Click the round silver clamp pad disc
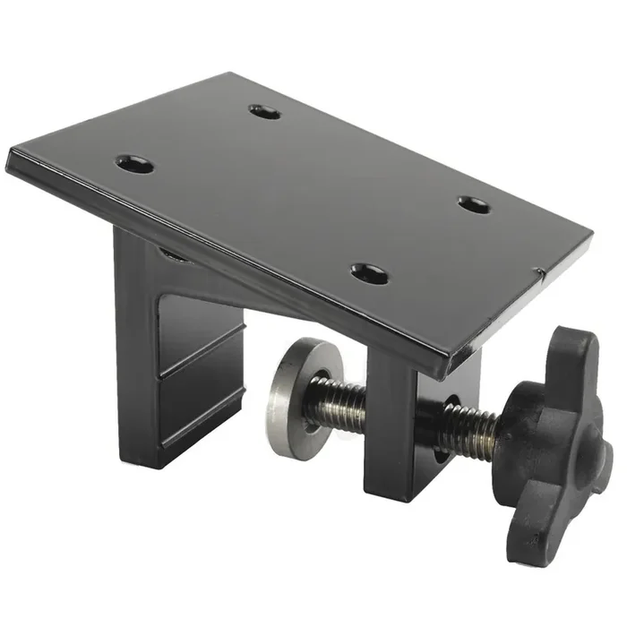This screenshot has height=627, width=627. coord(295,398)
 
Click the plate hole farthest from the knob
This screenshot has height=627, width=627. coord(135,165)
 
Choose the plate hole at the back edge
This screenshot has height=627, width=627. coord(264,112)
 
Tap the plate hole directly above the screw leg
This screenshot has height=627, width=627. coord(369,273)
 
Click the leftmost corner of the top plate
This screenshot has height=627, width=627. coord(9,161)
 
